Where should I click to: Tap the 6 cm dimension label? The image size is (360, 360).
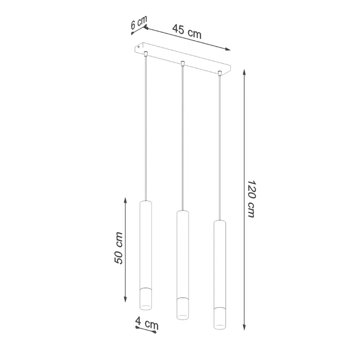139,24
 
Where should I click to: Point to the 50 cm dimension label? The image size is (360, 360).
119,248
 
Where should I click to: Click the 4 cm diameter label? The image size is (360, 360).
147,324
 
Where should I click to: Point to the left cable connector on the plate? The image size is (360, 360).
146,53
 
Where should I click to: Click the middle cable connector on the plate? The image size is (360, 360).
183,63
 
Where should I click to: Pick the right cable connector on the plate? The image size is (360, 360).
220,73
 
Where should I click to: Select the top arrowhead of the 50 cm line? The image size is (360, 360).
125,200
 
